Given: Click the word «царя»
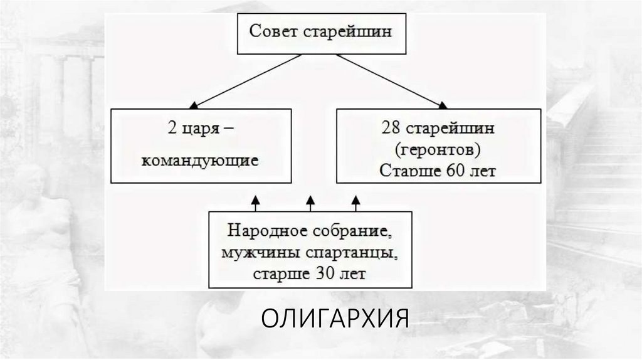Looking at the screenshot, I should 201,133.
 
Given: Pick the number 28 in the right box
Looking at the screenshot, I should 390,129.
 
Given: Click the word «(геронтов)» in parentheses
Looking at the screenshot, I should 439,150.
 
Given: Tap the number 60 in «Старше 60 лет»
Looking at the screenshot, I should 456,171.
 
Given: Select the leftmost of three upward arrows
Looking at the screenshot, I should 255,201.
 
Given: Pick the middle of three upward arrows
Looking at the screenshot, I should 310,201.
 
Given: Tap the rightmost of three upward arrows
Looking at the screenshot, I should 355,201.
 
